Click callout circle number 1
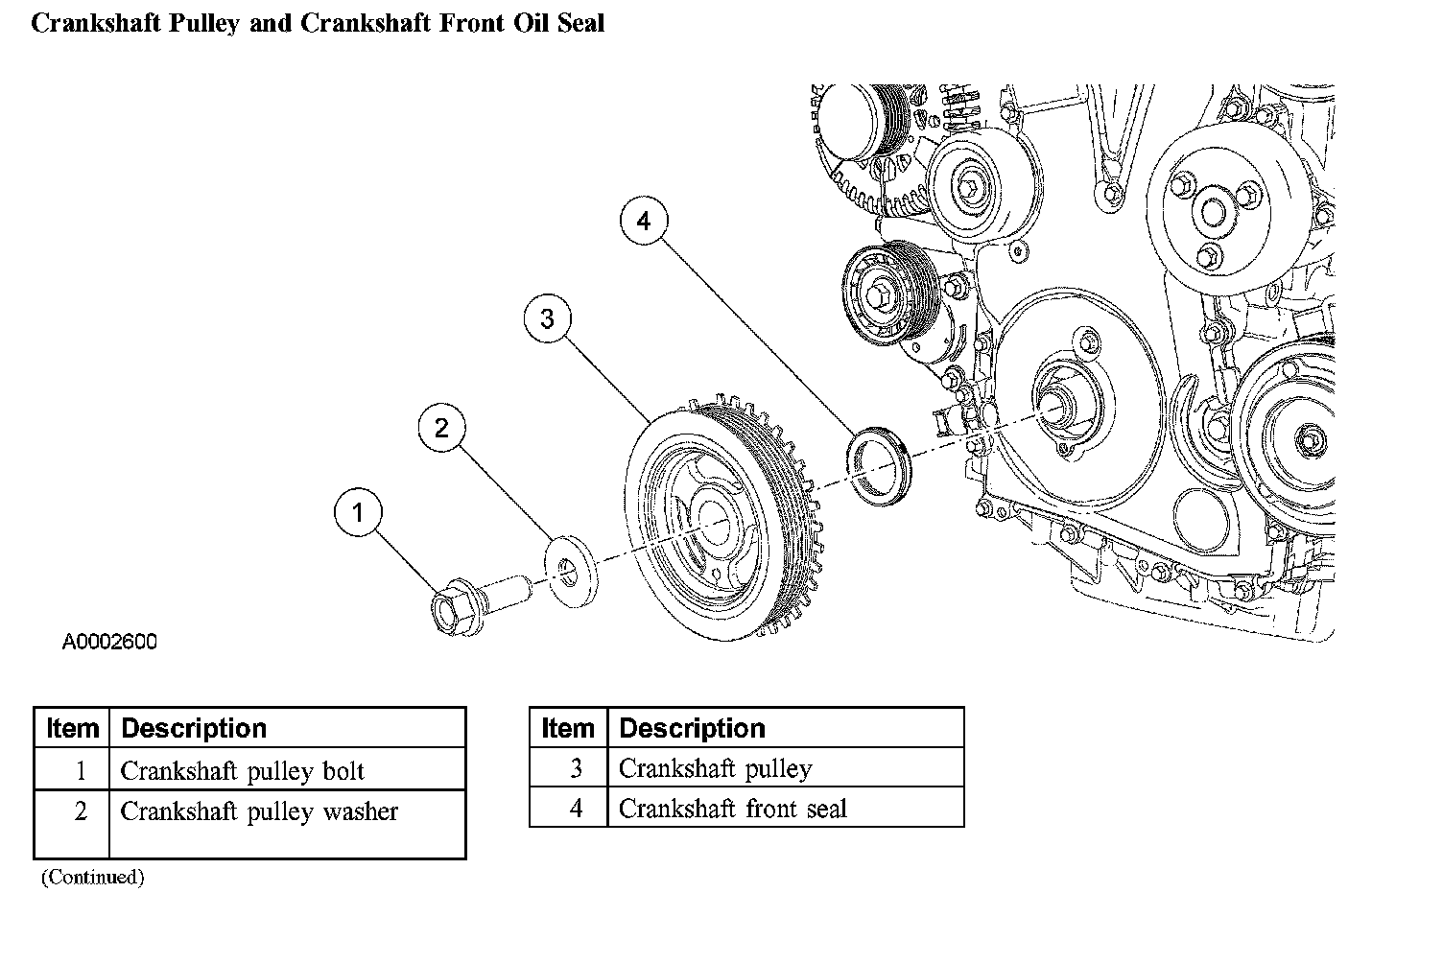(x=358, y=512)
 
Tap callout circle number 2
(x=442, y=427)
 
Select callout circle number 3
(x=548, y=318)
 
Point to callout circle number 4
(x=644, y=221)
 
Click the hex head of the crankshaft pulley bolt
(x=451, y=607)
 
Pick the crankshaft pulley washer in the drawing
(x=571, y=571)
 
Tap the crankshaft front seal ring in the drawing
(x=880, y=465)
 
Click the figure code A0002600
(x=109, y=642)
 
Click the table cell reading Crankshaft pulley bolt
(x=287, y=769)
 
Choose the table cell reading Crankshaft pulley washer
(x=287, y=824)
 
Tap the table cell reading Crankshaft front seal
(x=785, y=807)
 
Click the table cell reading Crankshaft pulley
(x=785, y=767)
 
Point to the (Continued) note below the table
(x=93, y=878)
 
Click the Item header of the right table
(x=568, y=728)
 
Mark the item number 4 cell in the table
(x=568, y=807)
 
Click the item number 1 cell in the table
(x=72, y=769)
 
